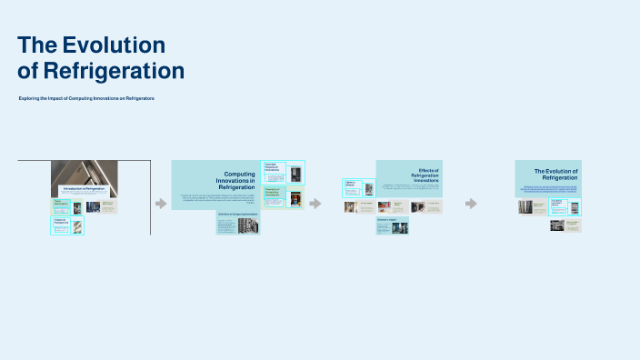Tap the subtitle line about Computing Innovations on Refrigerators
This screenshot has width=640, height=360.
(x=86, y=98)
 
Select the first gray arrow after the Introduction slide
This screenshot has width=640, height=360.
(x=161, y=204)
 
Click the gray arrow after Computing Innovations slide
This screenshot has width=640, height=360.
(x=315, y=204)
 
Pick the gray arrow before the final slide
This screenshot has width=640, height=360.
(x=471, y=204)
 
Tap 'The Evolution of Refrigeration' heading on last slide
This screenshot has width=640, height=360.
(x=555, y=174)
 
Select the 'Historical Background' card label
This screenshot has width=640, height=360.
(x=61, y=221)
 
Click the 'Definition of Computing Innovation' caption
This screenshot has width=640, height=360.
(x=238, y=214)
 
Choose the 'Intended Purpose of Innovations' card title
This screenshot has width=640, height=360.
(x=274, y=168)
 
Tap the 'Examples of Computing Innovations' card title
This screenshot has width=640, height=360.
(x=274, y=192)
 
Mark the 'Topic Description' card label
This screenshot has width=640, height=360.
(x=61, y=203)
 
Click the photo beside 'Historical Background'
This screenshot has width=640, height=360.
(x=77, y=226)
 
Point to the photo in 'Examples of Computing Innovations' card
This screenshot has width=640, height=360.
(x=295, y=197)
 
